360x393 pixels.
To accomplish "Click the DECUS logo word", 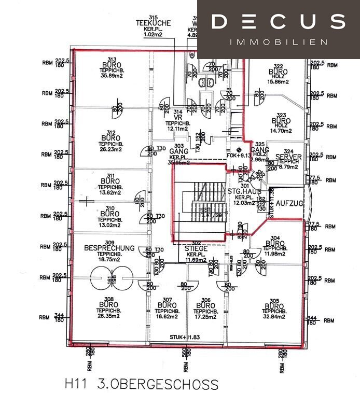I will (x=279, y=22).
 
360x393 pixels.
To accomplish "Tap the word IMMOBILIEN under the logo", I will (x=279, y=41).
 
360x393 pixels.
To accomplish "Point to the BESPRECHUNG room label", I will (x=109, y=248).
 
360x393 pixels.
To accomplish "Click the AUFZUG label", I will (x=289, y=203).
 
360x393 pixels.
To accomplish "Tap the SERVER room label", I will (x=288, y=157).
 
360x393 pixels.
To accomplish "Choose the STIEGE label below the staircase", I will (x=196, y=249).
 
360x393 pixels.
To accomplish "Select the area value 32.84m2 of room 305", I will (x=273, y=317).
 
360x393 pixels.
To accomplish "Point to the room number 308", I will (x=108, y=299).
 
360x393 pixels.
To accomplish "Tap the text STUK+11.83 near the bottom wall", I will (x=184, y=338).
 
